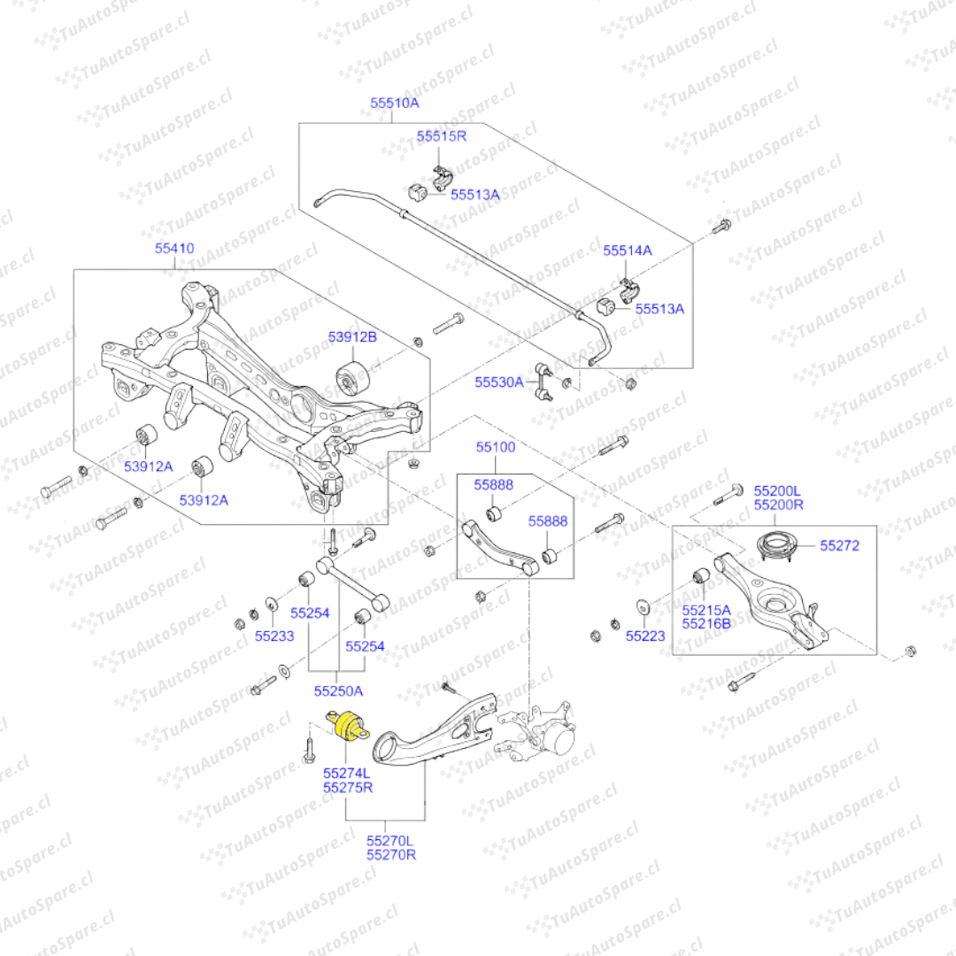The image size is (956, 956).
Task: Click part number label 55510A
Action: [394, 104]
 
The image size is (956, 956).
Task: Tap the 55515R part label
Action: [441, 136]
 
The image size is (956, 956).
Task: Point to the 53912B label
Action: [352, 337]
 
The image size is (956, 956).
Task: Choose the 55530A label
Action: [499, 382]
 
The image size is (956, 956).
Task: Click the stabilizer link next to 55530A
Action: [543, 382]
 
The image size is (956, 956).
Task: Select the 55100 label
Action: [495, 448]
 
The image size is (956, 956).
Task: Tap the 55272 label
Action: [839, 546]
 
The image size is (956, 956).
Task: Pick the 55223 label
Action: [645, 636]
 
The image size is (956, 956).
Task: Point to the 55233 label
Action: [274, 636]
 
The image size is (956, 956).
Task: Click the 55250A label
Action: [338, 690]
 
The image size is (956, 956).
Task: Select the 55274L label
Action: [347, 773]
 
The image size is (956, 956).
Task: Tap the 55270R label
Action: [391, 855]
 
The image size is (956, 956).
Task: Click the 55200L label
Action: [777, 490]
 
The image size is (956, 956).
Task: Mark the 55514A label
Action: [628, 251]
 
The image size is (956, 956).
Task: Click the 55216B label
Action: [706, 624]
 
